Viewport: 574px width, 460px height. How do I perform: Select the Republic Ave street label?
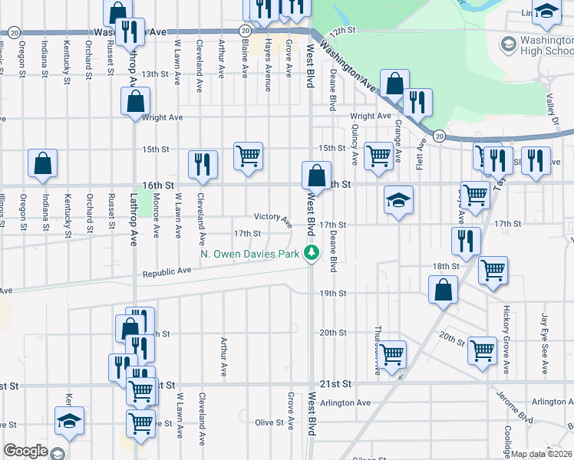click(x=167, y=271)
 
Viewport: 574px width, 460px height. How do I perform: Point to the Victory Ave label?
click(x=273, y=219)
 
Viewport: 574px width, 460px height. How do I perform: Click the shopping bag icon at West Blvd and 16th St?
click(x=315, y=176)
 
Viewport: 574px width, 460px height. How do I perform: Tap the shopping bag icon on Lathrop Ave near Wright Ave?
click(x=135, y=100)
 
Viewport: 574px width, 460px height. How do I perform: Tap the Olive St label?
click(x=269, y=422)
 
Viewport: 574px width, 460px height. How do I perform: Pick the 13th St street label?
click(x=154, y=74)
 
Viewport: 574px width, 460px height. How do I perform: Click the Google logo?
click(x=26, y=451)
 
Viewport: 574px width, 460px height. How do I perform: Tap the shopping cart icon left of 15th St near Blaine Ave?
click(x=248, y=156)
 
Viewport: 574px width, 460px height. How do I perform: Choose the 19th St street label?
click(x=333, y=294)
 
